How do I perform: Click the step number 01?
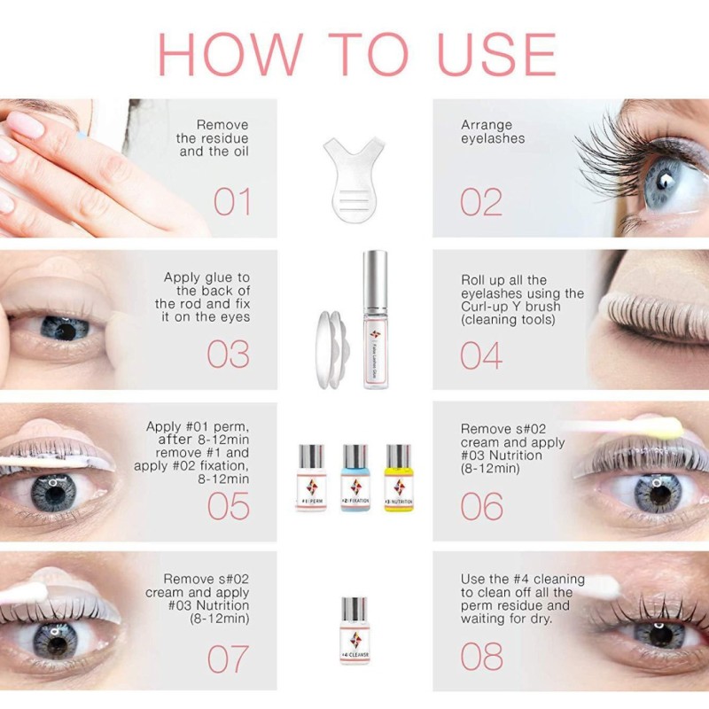(232, 201)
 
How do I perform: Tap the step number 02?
(481, 201)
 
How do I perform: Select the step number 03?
(229, 354)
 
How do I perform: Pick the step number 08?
(481, 658)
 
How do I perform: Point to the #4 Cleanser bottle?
(354, 631)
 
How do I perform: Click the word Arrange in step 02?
(487, 125)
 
